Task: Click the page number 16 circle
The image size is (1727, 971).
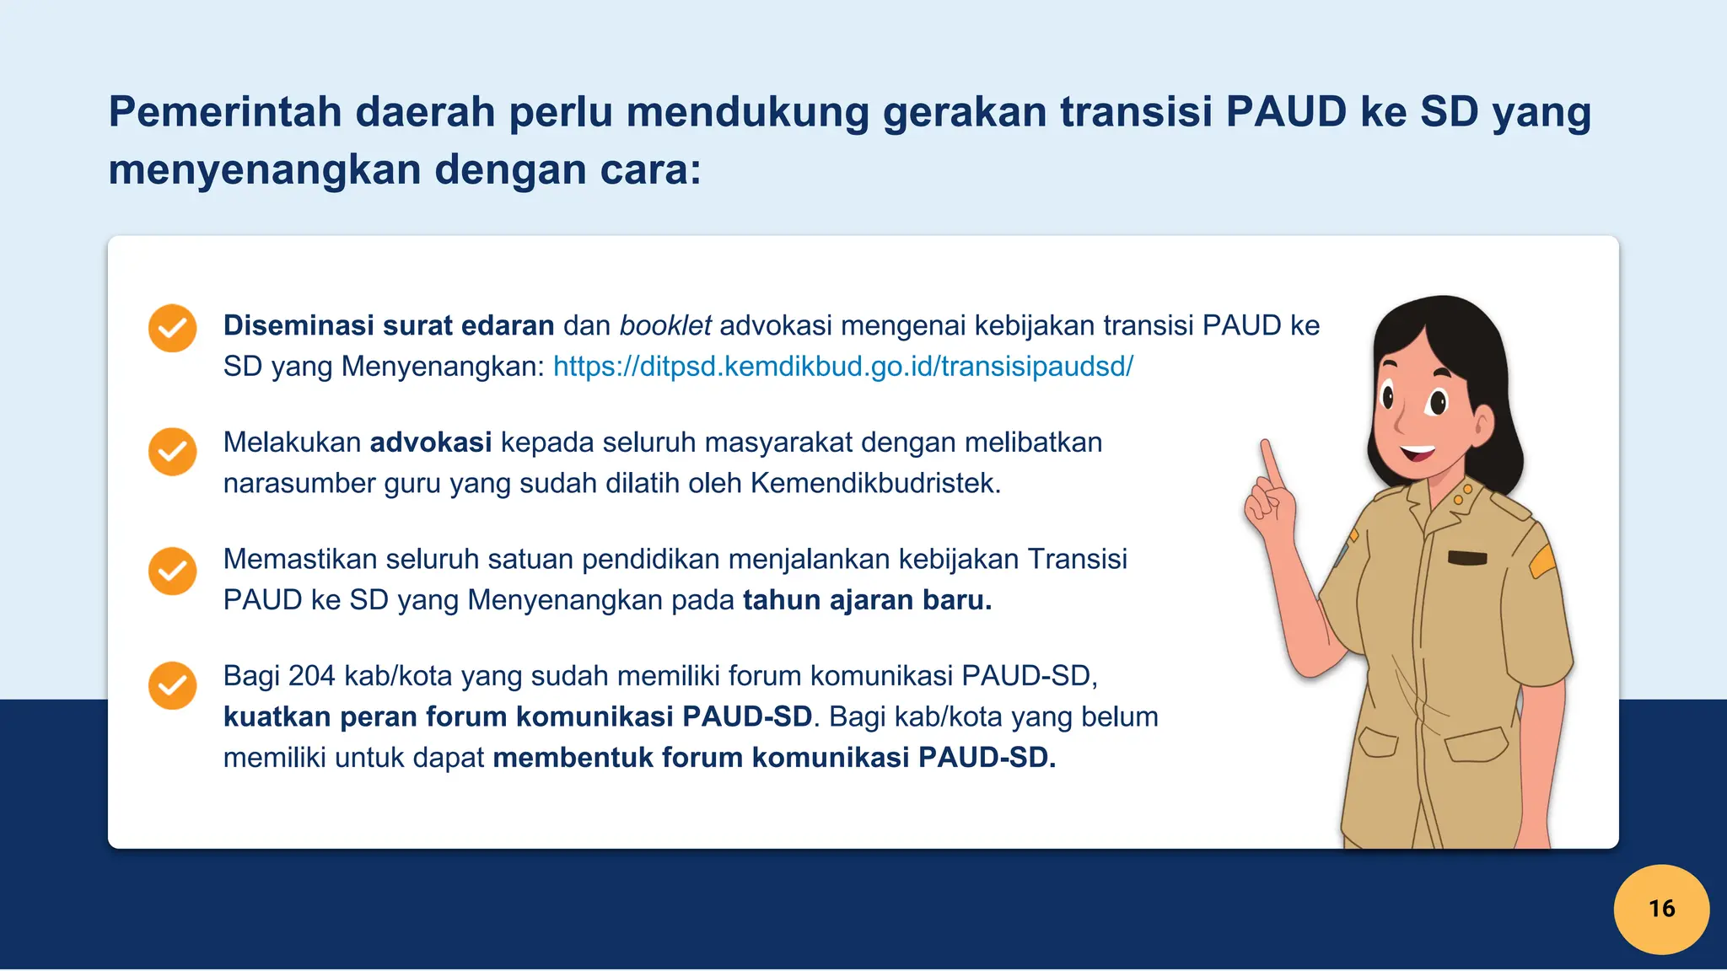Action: [x=1660, y=909]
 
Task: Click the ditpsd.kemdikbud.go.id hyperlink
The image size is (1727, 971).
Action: [x=842, y=367]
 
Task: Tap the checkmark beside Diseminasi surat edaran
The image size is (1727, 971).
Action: [x=172, y=328]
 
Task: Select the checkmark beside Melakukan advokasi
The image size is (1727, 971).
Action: [x=172, y=452]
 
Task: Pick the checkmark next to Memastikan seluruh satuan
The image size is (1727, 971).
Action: [x=172, y=571]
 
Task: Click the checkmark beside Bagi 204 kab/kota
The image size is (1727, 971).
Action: [x=172, y=685]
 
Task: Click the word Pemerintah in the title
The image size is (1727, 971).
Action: [x=224, y=112]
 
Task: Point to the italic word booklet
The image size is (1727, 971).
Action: [x=664, y=325]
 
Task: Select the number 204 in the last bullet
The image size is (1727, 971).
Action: [x=311, y=676]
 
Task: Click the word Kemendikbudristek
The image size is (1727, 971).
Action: [x=874, y=484]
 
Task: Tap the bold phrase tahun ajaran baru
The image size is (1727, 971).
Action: [x=866, y=600]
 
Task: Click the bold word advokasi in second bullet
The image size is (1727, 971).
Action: [x=430, y=443]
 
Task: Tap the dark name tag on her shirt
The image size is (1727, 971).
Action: [x=1466, y=557]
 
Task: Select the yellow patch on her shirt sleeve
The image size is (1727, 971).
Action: [x=1542, y=561]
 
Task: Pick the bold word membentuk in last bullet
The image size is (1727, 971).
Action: [x=573, y=758]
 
